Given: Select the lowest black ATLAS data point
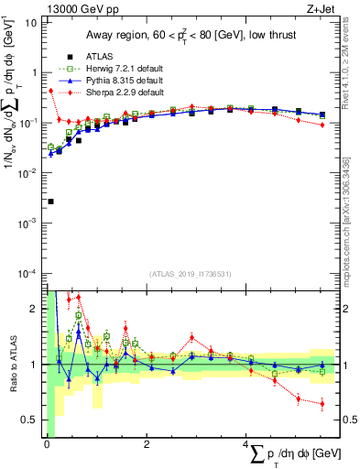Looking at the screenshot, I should (x=50, y=202).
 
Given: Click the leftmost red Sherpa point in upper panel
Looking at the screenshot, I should (x=50, y=91).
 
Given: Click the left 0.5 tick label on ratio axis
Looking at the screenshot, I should (x=30, y=420).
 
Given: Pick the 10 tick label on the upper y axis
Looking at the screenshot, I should (x=32, y=21).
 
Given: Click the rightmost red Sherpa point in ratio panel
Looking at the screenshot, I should (x=322, y=404).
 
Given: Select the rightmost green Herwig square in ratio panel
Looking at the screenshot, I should (x=322, y=371).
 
